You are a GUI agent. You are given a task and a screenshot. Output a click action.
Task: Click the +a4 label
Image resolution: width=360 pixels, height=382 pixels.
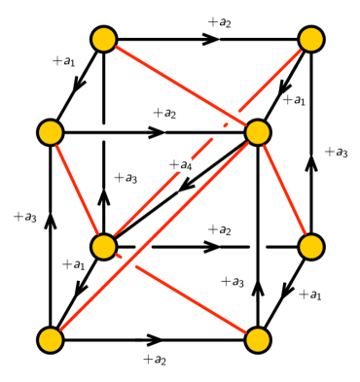(180, 166)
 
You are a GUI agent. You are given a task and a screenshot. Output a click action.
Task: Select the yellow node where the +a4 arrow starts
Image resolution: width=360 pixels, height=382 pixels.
(258, 132)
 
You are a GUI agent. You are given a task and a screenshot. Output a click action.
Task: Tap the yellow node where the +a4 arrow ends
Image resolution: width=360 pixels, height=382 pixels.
(104, 247)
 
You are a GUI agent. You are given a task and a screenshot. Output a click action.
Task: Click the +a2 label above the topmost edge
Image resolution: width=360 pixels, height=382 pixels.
(219, 22)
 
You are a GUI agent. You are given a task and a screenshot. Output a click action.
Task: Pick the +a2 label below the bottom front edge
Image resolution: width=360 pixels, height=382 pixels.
(154, 360)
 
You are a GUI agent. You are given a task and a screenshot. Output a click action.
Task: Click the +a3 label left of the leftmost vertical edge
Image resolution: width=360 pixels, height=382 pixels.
(24, 217)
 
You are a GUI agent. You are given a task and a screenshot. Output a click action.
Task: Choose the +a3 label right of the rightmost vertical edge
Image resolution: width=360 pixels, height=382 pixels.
(336, 153)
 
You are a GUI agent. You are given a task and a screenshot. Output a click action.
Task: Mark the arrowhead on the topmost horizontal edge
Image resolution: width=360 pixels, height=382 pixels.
(210, 39)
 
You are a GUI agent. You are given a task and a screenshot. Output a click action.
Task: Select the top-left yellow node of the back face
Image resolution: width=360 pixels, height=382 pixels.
(104, 39)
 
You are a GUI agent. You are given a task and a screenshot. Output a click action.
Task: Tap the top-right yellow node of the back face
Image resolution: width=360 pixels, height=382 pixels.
(311, 39)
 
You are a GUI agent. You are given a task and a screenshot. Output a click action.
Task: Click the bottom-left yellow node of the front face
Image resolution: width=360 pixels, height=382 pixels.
(51, 339)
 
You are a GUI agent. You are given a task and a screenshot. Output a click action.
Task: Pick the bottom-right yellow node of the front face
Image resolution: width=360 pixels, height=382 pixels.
(258, 339)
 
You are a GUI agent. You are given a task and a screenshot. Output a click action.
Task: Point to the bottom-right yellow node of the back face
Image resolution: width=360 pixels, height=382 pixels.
(311, 247)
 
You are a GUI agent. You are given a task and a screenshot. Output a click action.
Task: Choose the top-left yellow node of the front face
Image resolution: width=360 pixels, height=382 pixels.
(51, 132)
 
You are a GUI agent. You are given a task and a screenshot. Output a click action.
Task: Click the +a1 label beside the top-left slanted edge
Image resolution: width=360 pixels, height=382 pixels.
(63, 61)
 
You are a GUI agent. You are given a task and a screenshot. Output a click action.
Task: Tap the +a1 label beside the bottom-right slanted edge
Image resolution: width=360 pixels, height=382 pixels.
(309, 295)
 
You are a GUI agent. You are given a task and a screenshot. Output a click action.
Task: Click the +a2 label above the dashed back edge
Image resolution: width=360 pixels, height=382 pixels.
(219, 230)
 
